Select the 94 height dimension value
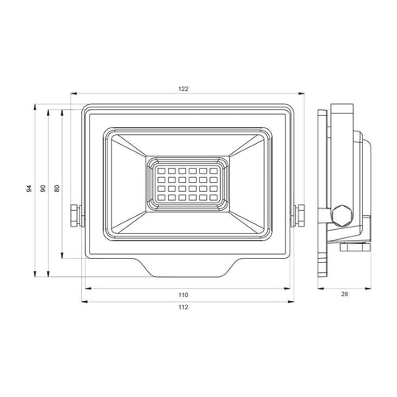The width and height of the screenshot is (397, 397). pyautogui.click(x=28, y=189)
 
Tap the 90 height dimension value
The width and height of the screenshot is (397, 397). pyautogui.click(x=42, y=189)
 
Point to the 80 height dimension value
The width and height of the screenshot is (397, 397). pyautogui.click(x=56, y=189)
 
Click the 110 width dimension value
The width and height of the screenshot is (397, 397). pyautogui.click(x=183, y=294)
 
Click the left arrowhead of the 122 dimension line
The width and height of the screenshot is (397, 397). pyautogui.click(x=72, y=93)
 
